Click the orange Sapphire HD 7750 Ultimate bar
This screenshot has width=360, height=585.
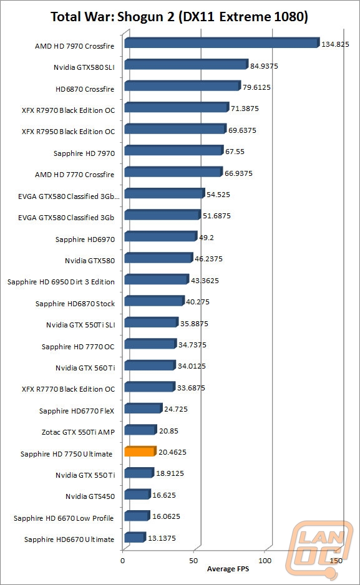[x=140, y=451]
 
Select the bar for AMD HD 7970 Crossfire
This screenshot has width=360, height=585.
[x=222, y=43]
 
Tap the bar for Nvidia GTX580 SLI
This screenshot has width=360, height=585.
[x=186, y=64]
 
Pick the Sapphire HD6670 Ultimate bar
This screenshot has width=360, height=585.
[x=135, y=537]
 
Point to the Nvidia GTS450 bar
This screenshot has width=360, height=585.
[x=137, y=495]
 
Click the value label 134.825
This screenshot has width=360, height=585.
[x=335, y=44]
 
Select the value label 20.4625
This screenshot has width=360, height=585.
[x=172, y=452]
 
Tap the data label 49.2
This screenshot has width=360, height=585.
[x=207, y=238]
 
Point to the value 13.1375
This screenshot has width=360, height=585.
[x=162, y=538]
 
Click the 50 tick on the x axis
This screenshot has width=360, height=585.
[x=193, y=561]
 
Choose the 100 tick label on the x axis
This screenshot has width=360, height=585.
[x=265, y=561]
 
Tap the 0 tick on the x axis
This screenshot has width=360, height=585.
[x=123, y=561]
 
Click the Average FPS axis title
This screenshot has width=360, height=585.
[x=228, y=569]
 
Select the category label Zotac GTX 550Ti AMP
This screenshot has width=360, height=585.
[x=78, y=432]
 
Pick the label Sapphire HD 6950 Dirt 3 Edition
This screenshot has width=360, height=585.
[x=61, y=282]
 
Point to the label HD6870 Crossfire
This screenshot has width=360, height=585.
[x=85, y=89]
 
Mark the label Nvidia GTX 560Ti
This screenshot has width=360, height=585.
[x=85, y=368]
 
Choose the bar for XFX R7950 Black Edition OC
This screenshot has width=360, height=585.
[x=175, y=128]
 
